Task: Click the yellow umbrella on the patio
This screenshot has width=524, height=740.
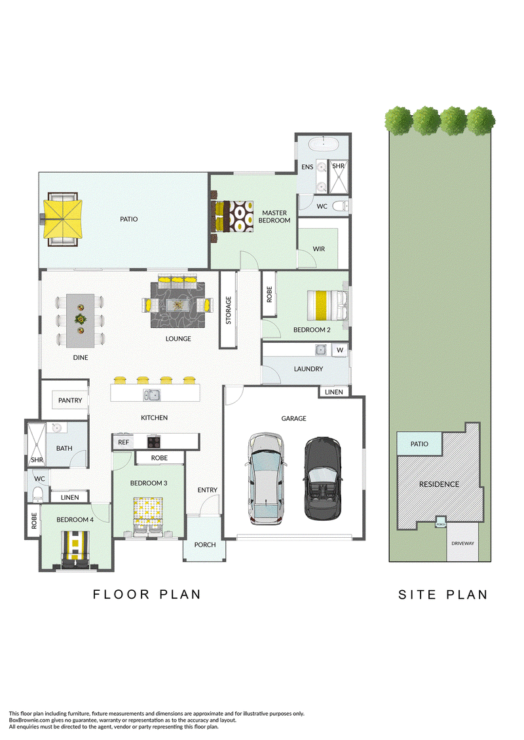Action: pos(63,219)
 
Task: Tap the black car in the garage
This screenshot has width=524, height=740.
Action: pos(322,478)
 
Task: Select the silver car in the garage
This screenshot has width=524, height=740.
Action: pos(267,478)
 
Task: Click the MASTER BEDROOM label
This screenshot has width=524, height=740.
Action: pos(274,217)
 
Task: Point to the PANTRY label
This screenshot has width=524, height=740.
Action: pos(70,400)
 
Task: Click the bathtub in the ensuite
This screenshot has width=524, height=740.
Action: pos(324,143)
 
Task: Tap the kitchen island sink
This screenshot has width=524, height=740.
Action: pos(152,395)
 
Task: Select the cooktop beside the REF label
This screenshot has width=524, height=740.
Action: pos(153,442)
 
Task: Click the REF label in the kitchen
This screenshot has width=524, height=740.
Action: pos(123,442)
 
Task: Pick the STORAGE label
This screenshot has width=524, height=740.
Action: pos(228,310)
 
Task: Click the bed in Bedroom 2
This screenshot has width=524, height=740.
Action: pos(327,305)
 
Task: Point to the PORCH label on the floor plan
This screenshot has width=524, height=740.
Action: pos(205,544)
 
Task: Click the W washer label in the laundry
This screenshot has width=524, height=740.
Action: pos(340,350)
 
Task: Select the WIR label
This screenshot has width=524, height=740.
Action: pos(319,249)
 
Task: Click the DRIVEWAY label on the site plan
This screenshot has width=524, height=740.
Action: pos(462,543)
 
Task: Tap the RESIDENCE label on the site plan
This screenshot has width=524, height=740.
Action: pos(439,484)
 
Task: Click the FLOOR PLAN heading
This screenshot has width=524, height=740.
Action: pos(147,595)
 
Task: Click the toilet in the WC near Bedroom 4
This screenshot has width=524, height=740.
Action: pos(37,494)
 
